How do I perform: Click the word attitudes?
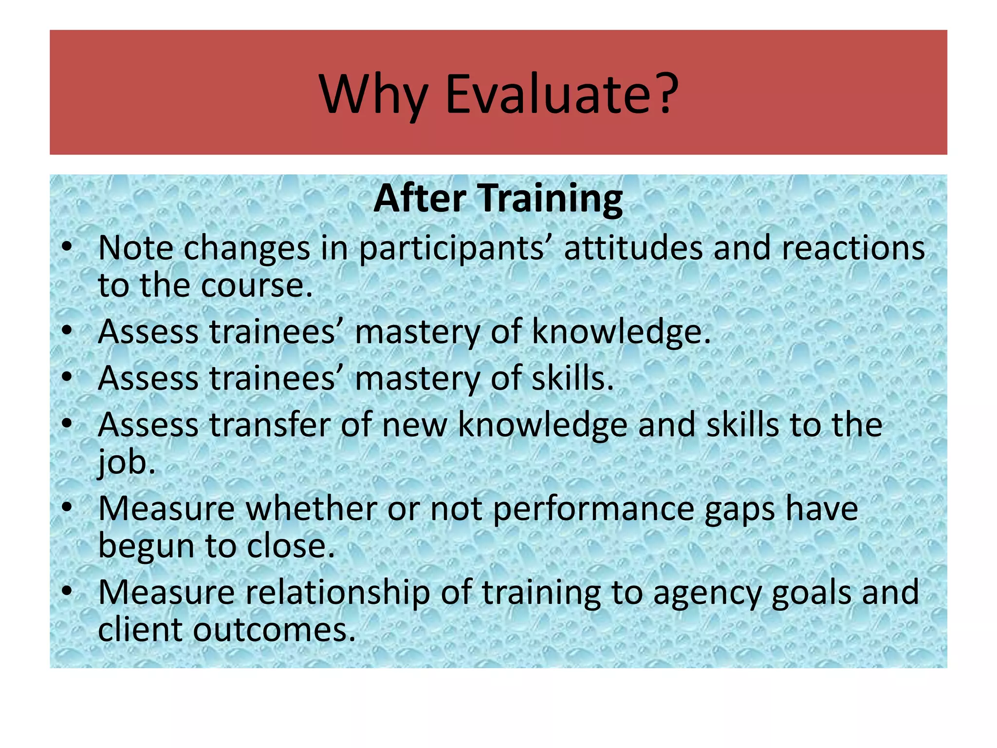tap(633, 248)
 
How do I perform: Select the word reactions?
tap(853, 248)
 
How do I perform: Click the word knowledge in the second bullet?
tap(621, 333)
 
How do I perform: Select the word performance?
tap(593, 509)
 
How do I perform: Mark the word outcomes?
tap(275, 630)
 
